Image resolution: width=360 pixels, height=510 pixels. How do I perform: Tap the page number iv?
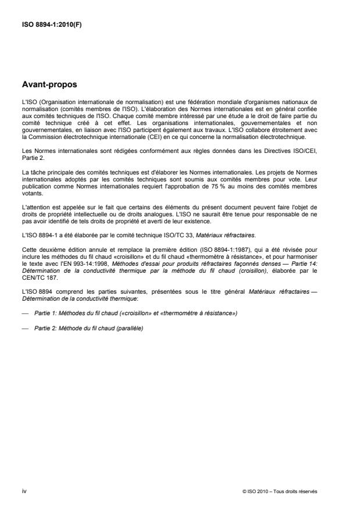click(x=24, y=491)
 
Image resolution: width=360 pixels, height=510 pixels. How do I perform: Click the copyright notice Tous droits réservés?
click(x=297, y=491)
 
